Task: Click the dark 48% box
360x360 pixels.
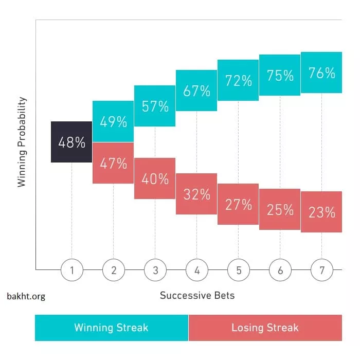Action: point(71,142)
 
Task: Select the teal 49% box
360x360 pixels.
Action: point(113,121)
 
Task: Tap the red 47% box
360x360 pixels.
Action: point(113,163)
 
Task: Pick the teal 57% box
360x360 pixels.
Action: point(155,106)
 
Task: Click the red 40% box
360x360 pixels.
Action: point(155,178)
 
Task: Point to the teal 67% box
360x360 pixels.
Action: point(196,91)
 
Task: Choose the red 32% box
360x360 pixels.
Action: point(196,194)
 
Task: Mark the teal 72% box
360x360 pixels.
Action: point(238,80)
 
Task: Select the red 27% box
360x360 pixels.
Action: point(238,204)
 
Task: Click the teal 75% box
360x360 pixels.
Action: point(280,75)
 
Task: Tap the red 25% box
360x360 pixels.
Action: point(280,209)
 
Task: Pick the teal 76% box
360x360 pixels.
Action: point(321,73)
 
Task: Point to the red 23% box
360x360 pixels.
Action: point(321,212)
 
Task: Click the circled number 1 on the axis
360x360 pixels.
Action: point(71,269)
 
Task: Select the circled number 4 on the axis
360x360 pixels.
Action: point(196,269)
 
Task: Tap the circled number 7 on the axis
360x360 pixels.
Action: point(321,269)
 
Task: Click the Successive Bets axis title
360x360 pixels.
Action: point(197,295)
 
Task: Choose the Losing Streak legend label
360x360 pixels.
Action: point(265,328)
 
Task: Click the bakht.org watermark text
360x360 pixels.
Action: point(26,297)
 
